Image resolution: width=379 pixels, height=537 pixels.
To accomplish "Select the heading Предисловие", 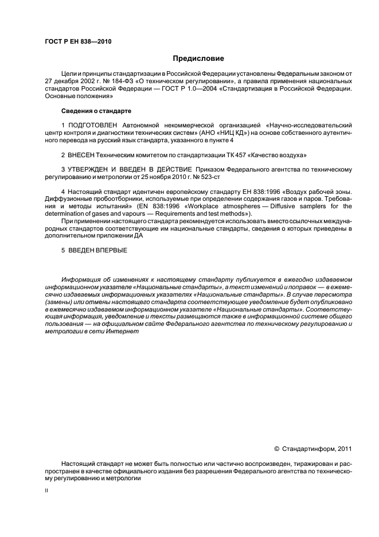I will (x=198, y=59).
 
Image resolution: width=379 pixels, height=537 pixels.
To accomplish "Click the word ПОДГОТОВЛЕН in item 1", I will (x=93, y=124).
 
